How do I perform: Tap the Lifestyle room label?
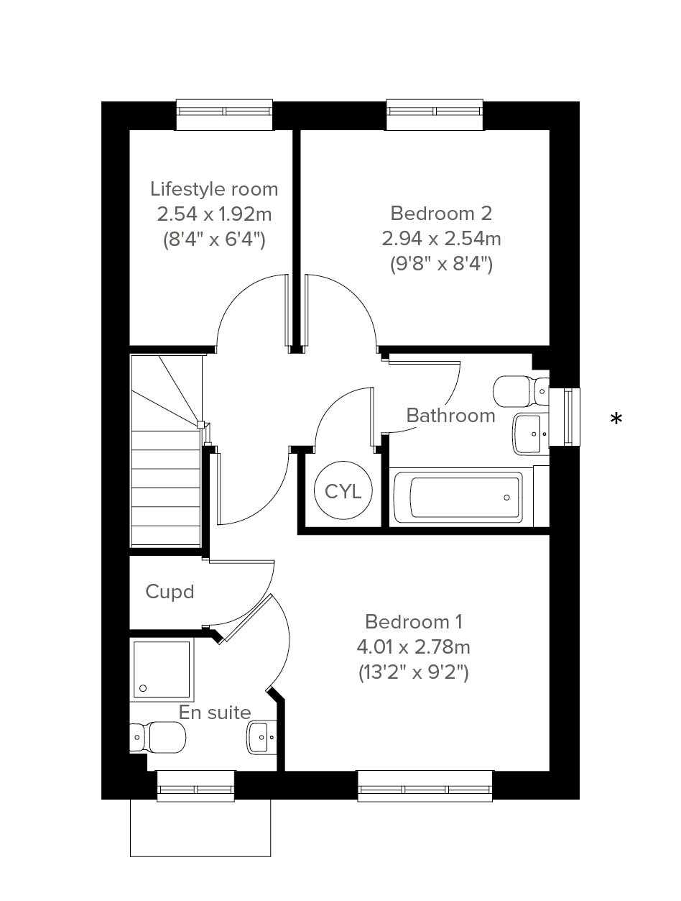214,189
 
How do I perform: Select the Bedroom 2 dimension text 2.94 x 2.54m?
441,239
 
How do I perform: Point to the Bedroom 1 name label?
414,621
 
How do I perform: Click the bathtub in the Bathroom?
458,498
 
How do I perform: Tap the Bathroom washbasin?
531,434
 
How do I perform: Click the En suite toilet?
157,738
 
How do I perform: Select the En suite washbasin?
261,737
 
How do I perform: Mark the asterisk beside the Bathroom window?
616,419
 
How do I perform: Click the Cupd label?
170,593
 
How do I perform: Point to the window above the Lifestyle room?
224,114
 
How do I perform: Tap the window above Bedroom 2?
435,114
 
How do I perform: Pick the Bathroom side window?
565,416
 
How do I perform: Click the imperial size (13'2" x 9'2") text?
414,672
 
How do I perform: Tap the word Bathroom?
450,416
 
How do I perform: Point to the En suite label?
215,712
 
